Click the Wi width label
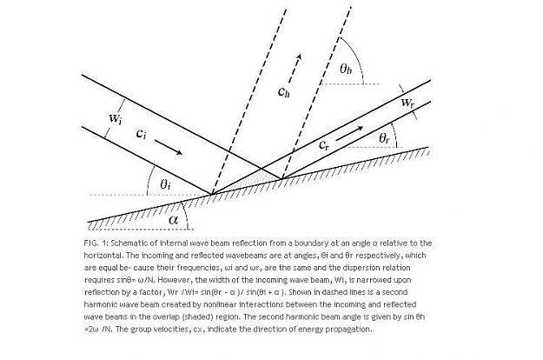(x=116, y=118)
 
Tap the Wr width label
(x=407, y=103)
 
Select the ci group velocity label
(x=142, y=134)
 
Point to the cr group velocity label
(x=324, y=145)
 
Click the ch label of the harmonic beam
(x=283, y=91)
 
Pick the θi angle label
(x=165, y=184)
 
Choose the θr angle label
(x=384, y=138)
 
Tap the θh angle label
(x=346, y=69)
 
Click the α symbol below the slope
(x=173, y=219)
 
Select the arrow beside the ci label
(x=169, y=147)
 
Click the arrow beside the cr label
(x=349, y=133)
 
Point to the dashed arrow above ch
(x=295, y=69)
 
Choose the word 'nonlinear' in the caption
(x=217, y=304)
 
